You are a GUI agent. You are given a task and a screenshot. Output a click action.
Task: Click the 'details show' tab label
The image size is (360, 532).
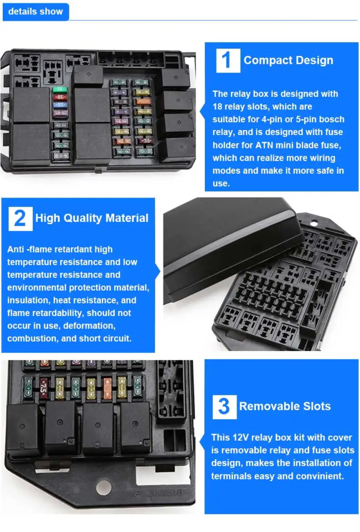coord(35,12)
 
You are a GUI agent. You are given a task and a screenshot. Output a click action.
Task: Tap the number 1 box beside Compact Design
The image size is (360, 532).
coord(228,60)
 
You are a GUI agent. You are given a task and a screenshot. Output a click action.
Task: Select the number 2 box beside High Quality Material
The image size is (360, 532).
coord(20,219)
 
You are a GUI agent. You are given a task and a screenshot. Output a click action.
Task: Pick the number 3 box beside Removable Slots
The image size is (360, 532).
coord(224,406)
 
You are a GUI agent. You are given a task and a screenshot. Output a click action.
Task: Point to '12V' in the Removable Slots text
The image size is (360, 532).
coord(240,438)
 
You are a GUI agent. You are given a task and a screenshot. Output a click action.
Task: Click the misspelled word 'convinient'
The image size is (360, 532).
coord(321,476)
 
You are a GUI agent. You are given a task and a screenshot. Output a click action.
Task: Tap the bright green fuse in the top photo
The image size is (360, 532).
coord(60,89)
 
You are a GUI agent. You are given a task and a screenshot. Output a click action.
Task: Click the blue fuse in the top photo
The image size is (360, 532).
coord(60,105)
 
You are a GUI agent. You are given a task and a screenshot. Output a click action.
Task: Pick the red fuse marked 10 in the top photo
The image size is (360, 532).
coord(60,97)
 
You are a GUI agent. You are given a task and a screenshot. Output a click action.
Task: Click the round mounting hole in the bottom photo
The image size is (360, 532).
coord(104,488)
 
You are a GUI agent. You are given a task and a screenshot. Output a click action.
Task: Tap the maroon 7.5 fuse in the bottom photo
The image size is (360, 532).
coord(43,388)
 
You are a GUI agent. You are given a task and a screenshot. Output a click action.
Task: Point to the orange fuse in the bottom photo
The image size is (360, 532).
coord(107,388)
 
